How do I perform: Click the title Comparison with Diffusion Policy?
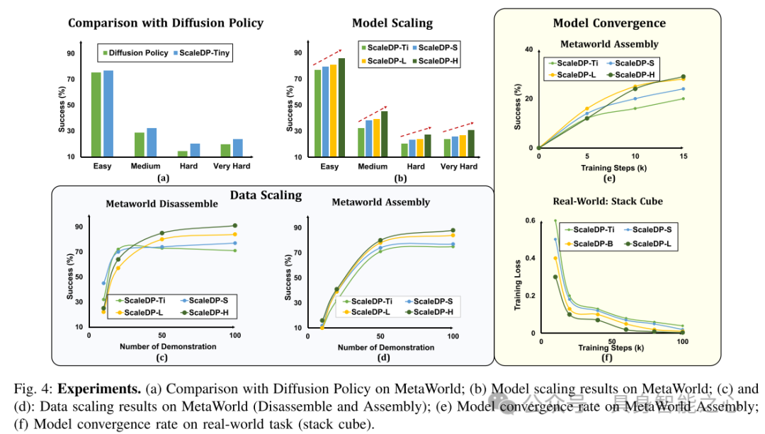tap(166, 23)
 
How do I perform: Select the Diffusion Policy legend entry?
tap(136, 52)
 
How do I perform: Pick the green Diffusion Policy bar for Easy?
tap(96, 113)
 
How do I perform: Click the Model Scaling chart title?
tap(392, 23)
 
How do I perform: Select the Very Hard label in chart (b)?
tap(459, 166)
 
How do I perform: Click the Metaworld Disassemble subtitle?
tap(162, 204)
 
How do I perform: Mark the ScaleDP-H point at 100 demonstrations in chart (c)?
tap(234, 226)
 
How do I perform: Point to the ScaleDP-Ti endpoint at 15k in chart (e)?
tap(683, 98)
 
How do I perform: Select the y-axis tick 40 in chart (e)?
tap(528, 50)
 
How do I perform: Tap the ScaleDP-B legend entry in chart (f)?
tap(589, 243)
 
